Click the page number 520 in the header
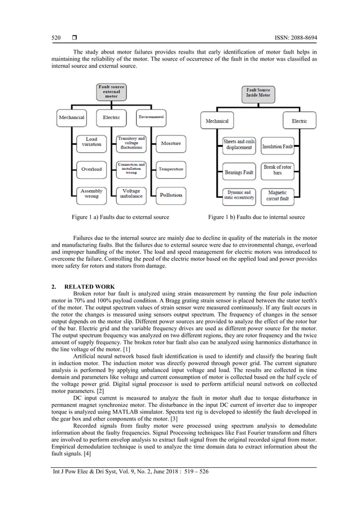[x=56, y=38]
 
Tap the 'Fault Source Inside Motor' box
[x=258, y=93]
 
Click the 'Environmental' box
[x=151, y=117]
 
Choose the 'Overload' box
[x=91, y=169]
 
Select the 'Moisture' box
[x=170, y=144]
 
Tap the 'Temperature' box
[x=170, y=169]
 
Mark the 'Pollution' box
[x=170, y=195]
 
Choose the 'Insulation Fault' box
[x=278, y=146]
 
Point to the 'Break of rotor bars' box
[x=278, y=170]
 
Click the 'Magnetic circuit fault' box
[x=278, y=195]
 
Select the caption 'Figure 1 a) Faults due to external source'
[x=117, y=217]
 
